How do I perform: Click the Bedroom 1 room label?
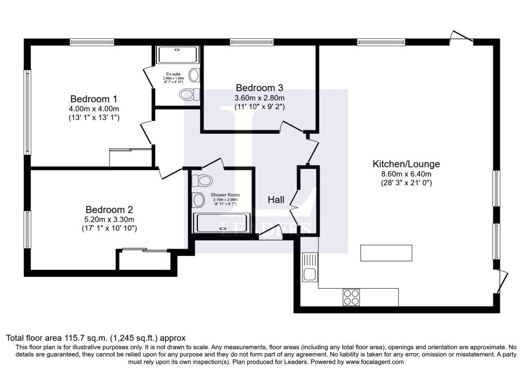pyautogui.click(x=94, y=99)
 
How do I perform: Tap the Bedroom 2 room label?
pyautogui.click(x=109, y=210)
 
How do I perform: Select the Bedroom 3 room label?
pyautogui.click(x=260, y=87)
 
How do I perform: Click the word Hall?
pyautogui.click(x=276, y=200)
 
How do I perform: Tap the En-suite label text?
pyautogui.click(x=173, y=74)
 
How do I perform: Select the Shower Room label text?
pyautogui.click(x=224, y=195)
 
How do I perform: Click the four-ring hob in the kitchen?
pyautogui.click(x=351, y=297)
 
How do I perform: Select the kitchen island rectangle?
pyautogui.click(x=387, y=253)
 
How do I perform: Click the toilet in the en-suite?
pyautogui.click(x=189, y=94)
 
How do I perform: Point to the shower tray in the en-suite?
pyautogui.click(x=178, y=55)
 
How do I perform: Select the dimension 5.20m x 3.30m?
pyautogui.click(x=109, y=219)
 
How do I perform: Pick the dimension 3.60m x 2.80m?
pyautogui.click(x=260, y=97)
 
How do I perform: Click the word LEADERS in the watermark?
pyautogui.click(x=265, y=227)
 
